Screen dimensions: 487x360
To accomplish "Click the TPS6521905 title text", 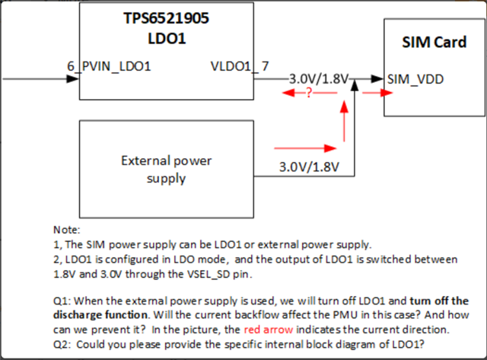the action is [x=167, y=18].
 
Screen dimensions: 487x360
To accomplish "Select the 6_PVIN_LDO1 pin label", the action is [x=109, y=66].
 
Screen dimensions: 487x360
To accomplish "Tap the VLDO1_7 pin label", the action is [x=240, y=66].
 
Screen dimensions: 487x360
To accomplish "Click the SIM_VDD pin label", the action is [x=415, y=79].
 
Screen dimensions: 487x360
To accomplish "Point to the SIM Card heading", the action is [x=434, y=43].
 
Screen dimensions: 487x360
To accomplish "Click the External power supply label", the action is [x=167, y=170].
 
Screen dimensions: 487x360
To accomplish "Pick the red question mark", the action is [x=308, y=92].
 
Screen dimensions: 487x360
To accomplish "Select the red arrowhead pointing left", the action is [x=288, y=92].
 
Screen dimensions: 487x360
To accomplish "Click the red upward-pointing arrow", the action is [x=344, y=120].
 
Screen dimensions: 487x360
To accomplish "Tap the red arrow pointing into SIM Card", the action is [x=377, y=92].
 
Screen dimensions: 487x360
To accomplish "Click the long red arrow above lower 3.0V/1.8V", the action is [x=305, y=148].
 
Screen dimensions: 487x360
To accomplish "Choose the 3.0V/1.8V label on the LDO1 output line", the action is [x=319, y=79].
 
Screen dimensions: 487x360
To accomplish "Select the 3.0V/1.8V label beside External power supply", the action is [x=309, y=167].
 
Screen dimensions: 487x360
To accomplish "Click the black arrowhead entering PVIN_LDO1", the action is [x=73, y=79].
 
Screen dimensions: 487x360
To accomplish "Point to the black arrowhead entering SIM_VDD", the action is [x=377, y=79].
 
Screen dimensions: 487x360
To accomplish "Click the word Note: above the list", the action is [x=67, y=230].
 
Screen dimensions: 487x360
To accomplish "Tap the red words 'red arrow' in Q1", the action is [x=269, y=330].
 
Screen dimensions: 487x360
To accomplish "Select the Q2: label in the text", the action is [x=62, y=345].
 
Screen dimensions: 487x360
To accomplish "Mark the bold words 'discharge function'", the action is [x=100, y=315].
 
